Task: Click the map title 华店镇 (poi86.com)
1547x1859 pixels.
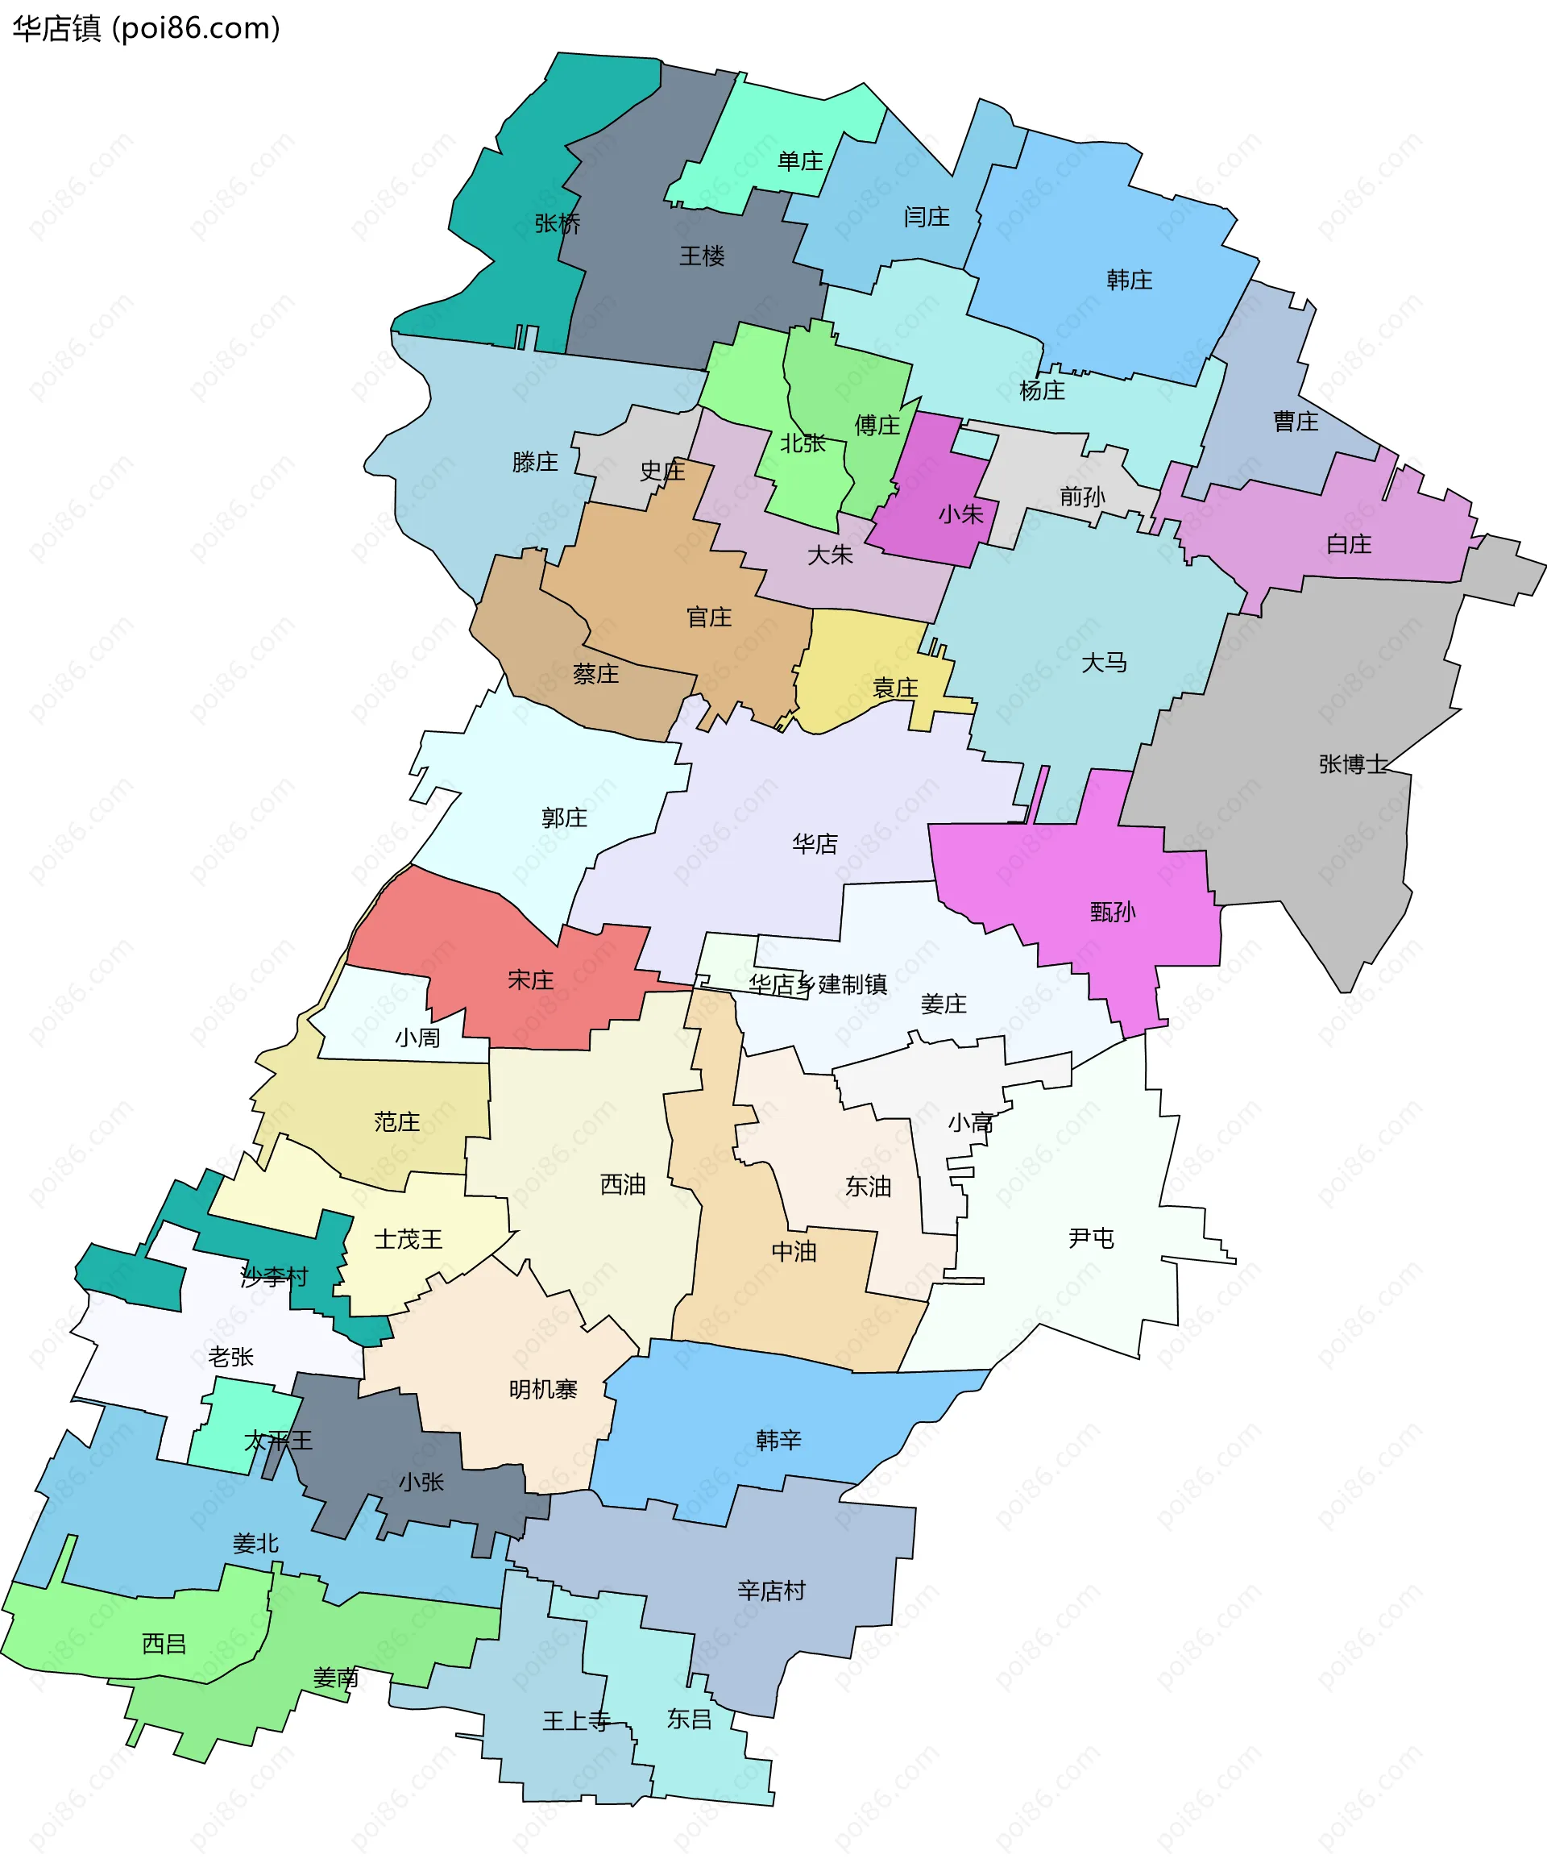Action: click(x=146, y=28)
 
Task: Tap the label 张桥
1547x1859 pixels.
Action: click(x=558, y=223)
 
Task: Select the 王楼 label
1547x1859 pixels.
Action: click(x=702, y=256)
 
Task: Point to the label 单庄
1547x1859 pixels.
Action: click(x=800, y=161)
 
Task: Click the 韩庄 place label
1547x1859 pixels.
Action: click(x=1130, y=281)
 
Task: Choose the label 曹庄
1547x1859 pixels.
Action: click(x=1296, y=422)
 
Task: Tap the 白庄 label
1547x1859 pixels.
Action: click(x=1349, y=544)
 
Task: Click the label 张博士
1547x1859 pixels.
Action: click(x=1353, y=764)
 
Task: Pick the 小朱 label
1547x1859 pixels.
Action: click(x=961, y=514)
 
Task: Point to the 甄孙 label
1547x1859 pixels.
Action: click(x=1113, y=912)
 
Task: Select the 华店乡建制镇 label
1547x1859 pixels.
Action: click(x=818, y=984)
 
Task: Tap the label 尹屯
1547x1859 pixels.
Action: click(x=1090, y=1237)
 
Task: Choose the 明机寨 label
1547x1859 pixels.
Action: click(x=542, y=1390)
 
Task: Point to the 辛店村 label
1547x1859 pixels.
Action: click(x=771, y=1591)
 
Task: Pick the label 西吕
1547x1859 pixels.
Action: click(x=164, y=1644)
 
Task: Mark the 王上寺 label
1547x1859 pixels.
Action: click(x=576, y=1721)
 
